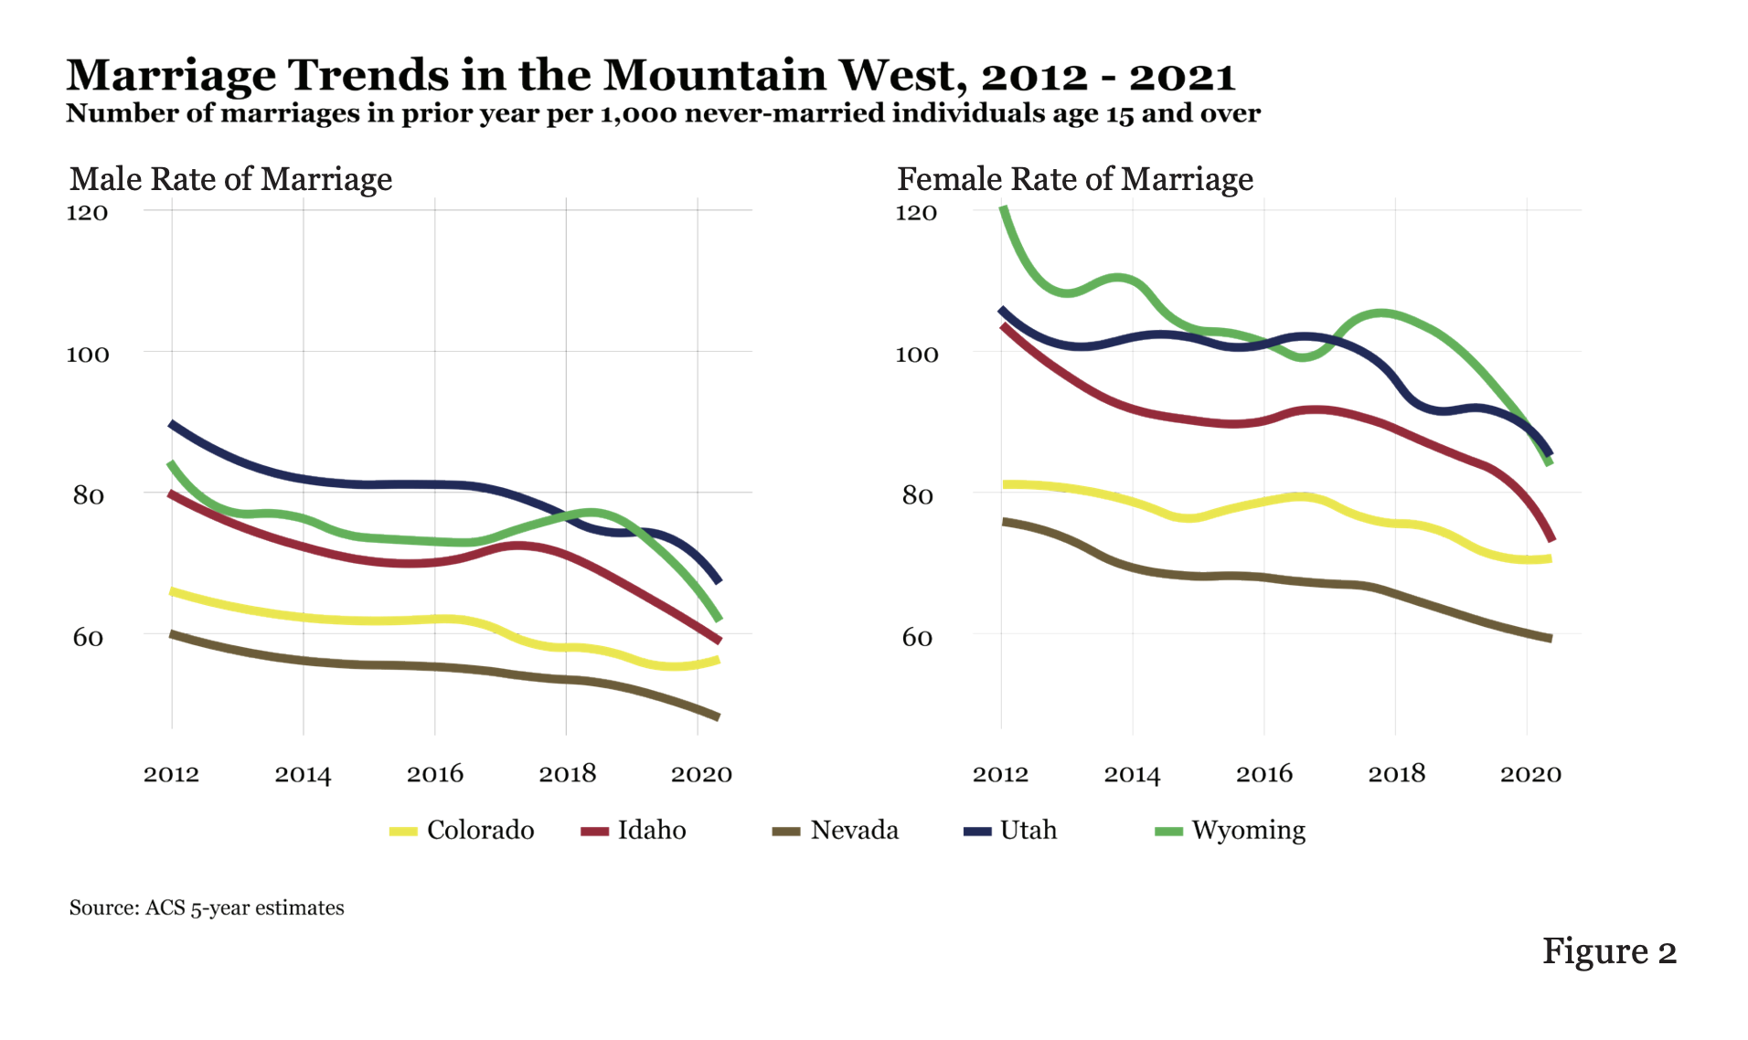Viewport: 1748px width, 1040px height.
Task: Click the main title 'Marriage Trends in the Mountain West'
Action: [x=650, y=75]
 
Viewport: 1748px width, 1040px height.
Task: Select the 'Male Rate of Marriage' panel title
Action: [x=230, y=179]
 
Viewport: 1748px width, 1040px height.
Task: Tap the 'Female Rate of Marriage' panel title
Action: [x=1074, y=179]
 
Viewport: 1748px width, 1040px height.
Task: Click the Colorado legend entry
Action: [x=463, y=830]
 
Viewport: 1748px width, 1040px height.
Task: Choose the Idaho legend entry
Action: [x=634, y=830]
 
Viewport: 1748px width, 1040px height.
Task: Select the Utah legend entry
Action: [x=1011, y=830]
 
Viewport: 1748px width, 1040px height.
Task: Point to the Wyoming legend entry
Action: [x=1231, y=830]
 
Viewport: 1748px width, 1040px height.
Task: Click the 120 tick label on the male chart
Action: [x=87, y=213]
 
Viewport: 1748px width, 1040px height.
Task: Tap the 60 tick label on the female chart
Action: [x=917, y=637]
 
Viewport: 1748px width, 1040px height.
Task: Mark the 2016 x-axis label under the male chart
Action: [x=435, y=774]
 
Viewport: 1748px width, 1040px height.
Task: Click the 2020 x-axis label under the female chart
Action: [x=1530, y=774]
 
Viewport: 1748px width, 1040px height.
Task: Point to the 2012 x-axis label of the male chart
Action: [x=171, y=774]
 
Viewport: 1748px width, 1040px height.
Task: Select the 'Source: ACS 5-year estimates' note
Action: [x=207, y=907]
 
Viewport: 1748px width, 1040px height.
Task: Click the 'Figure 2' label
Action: [x=1609, y=951]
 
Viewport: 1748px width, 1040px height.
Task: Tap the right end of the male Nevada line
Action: [x=718, y=716]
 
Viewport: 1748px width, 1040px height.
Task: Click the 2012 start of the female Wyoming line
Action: [x=1003, y=208]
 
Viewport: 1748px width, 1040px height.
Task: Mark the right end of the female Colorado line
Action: [x=1550, y=558]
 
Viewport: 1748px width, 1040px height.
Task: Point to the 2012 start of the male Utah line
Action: [x=172, y=424]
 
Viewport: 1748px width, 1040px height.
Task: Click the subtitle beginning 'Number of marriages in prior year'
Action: [x=663, y=113]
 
